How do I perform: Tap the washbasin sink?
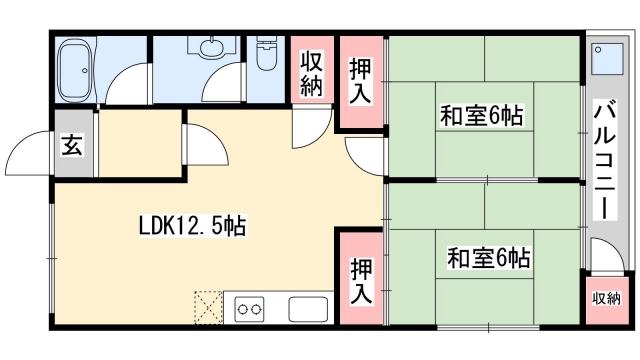click(x=211, y=48)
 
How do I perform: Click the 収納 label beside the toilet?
click(x=311, y=71)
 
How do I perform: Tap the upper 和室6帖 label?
click(x=484, y=116)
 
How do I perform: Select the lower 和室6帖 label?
click(x=487, y=259)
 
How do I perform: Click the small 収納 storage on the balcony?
click(x=605, y=298)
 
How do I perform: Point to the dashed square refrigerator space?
click(x=208, y=308)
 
